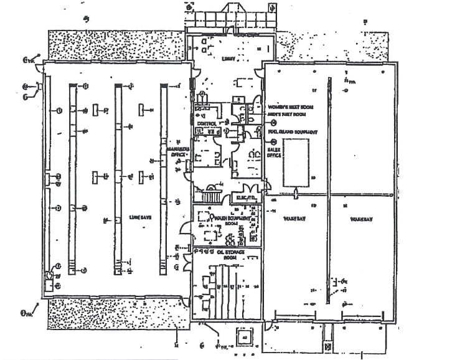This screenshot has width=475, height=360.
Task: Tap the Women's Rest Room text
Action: (289, 107)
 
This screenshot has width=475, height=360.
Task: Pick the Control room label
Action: (206, 123)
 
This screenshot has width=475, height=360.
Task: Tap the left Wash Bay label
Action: (294, 219)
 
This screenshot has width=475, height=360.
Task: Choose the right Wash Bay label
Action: (360, 219)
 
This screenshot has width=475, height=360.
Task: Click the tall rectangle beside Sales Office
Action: (296, 162)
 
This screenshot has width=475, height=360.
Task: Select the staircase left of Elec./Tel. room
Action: (210, 193)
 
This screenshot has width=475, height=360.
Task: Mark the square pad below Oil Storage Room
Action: (244, 338)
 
